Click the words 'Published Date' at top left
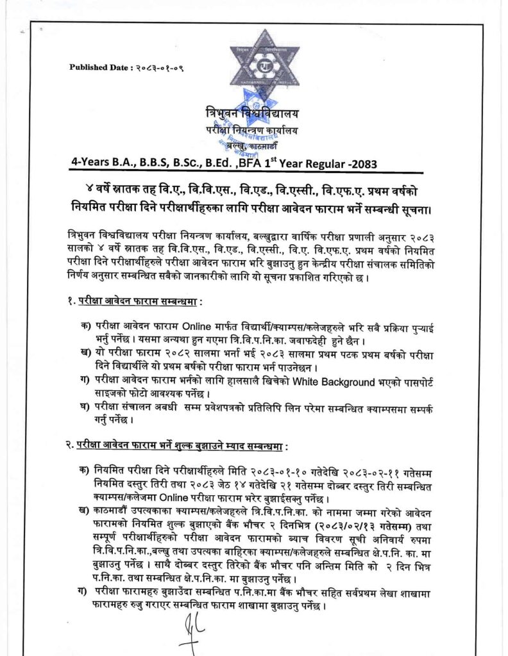point(96,67)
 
